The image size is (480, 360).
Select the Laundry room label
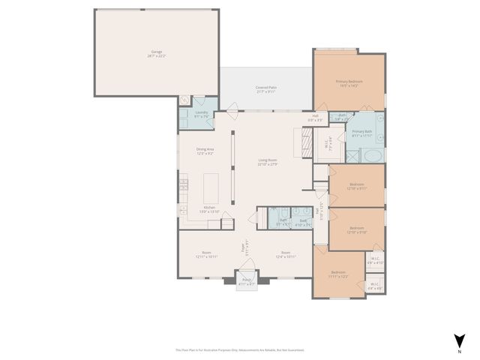coord(201,114)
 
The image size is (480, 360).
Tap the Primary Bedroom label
coord(349,83)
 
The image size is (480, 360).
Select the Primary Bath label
coord(363,133)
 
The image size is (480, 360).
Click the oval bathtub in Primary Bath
coord(370,156)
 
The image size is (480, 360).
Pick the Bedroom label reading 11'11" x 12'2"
coord(338,274)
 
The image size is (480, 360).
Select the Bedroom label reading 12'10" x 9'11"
coord(357,187)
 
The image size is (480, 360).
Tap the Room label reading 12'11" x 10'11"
coord(206,254)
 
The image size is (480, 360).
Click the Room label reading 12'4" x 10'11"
coord(286,254)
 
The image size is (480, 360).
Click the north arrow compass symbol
coord(458,339)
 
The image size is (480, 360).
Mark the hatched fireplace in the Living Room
coord(307,142)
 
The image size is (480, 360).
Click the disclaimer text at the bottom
coord(240,349)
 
